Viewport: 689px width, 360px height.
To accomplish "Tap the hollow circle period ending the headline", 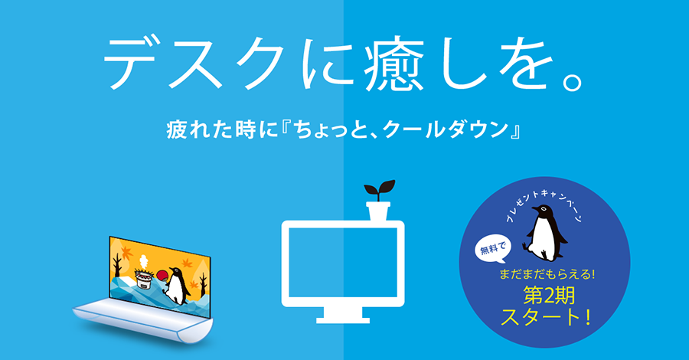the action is coord(572,81).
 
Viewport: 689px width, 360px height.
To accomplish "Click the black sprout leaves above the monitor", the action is coord(379,190).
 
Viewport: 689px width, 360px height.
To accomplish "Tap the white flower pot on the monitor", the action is coord(378,211).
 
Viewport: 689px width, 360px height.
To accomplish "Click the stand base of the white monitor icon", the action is coord(343,315).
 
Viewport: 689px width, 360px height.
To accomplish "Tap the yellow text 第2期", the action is coord(549,296).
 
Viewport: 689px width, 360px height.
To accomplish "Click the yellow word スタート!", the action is coord(545,318).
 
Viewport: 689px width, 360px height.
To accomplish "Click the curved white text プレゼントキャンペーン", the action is coord(544,202).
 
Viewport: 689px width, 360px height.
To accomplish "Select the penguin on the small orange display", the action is coord(177,286).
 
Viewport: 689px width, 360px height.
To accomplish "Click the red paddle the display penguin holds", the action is coord(162,275).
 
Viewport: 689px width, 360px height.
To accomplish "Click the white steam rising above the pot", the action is coord(143,263).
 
